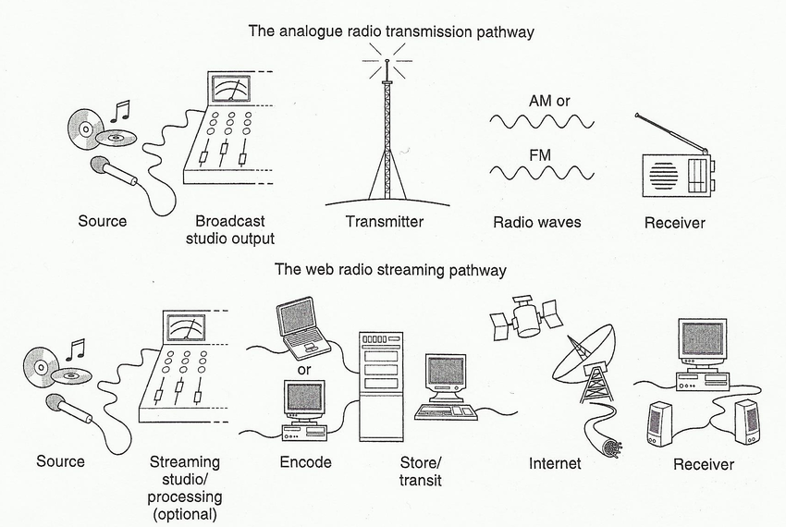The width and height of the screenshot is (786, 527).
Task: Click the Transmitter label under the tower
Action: click(385, 221)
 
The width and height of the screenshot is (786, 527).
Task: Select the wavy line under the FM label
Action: click(542, 173)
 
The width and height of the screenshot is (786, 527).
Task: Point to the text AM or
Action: click(549, 101)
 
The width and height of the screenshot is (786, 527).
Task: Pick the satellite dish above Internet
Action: click(585, 359)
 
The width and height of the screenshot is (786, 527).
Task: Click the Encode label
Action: click(305, 461)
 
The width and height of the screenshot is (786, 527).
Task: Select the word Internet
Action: click(555, 463)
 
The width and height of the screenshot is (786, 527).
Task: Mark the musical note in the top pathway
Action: click(120, 111)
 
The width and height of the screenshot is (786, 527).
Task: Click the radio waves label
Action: click(537, 222)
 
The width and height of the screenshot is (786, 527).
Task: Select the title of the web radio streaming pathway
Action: click(390, 270)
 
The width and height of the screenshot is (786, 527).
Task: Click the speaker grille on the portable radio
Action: click(664, 175)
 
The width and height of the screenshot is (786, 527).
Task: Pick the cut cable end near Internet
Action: click(612, 447)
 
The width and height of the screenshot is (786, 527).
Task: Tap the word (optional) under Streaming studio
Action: click(185, 514)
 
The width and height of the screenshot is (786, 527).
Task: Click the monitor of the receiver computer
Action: click(702, 339)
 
